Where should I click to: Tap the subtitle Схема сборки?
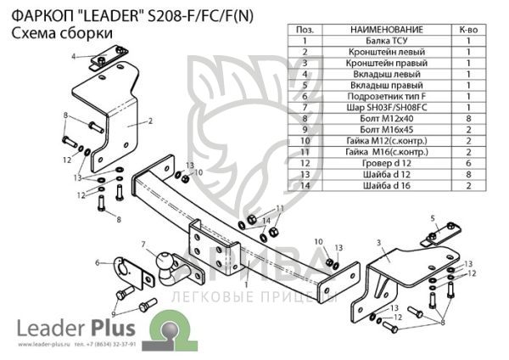pos(53,32)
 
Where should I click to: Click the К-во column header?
pos(467,30)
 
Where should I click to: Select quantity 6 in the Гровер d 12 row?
pos(467,162)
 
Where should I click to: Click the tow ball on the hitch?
pos(164,269)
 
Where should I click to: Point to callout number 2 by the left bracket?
pos(149,122)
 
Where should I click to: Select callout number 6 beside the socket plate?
pos(98,262)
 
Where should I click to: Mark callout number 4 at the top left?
pos(74,56)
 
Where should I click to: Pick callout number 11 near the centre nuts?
pos(280,208)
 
